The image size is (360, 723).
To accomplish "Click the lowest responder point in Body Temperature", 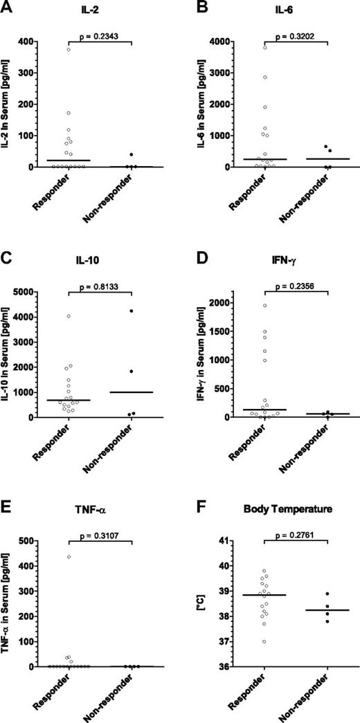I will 264,641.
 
